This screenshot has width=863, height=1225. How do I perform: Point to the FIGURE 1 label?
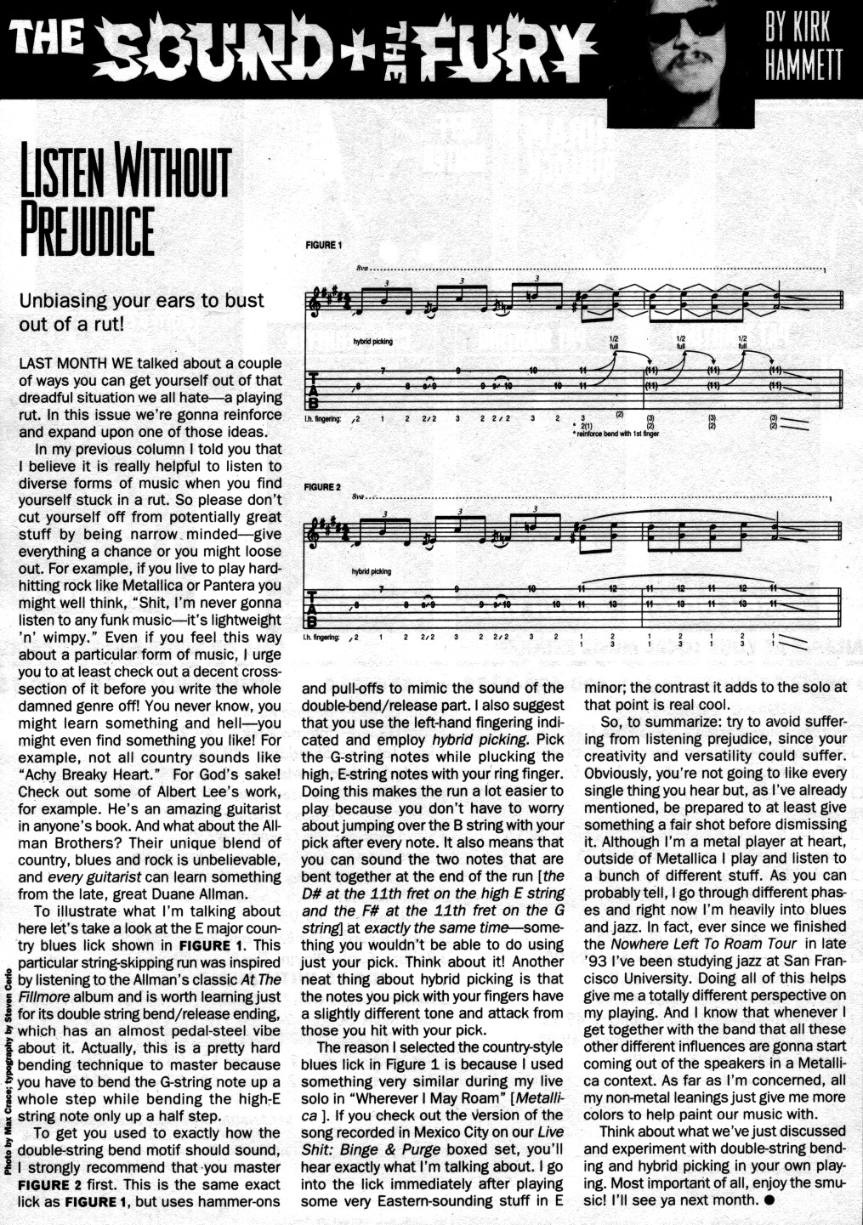click(323, 246)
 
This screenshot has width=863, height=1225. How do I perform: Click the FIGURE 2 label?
click(322, 487)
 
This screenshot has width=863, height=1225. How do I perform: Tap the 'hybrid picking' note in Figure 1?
click(373, 341)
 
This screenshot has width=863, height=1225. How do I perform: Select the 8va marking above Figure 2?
click(357, 496)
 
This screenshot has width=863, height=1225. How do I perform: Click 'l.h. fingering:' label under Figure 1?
click(322, 419)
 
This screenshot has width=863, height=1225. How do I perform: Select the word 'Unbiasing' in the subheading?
click(65, 300)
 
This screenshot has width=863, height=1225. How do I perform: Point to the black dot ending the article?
click(769, 1200)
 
